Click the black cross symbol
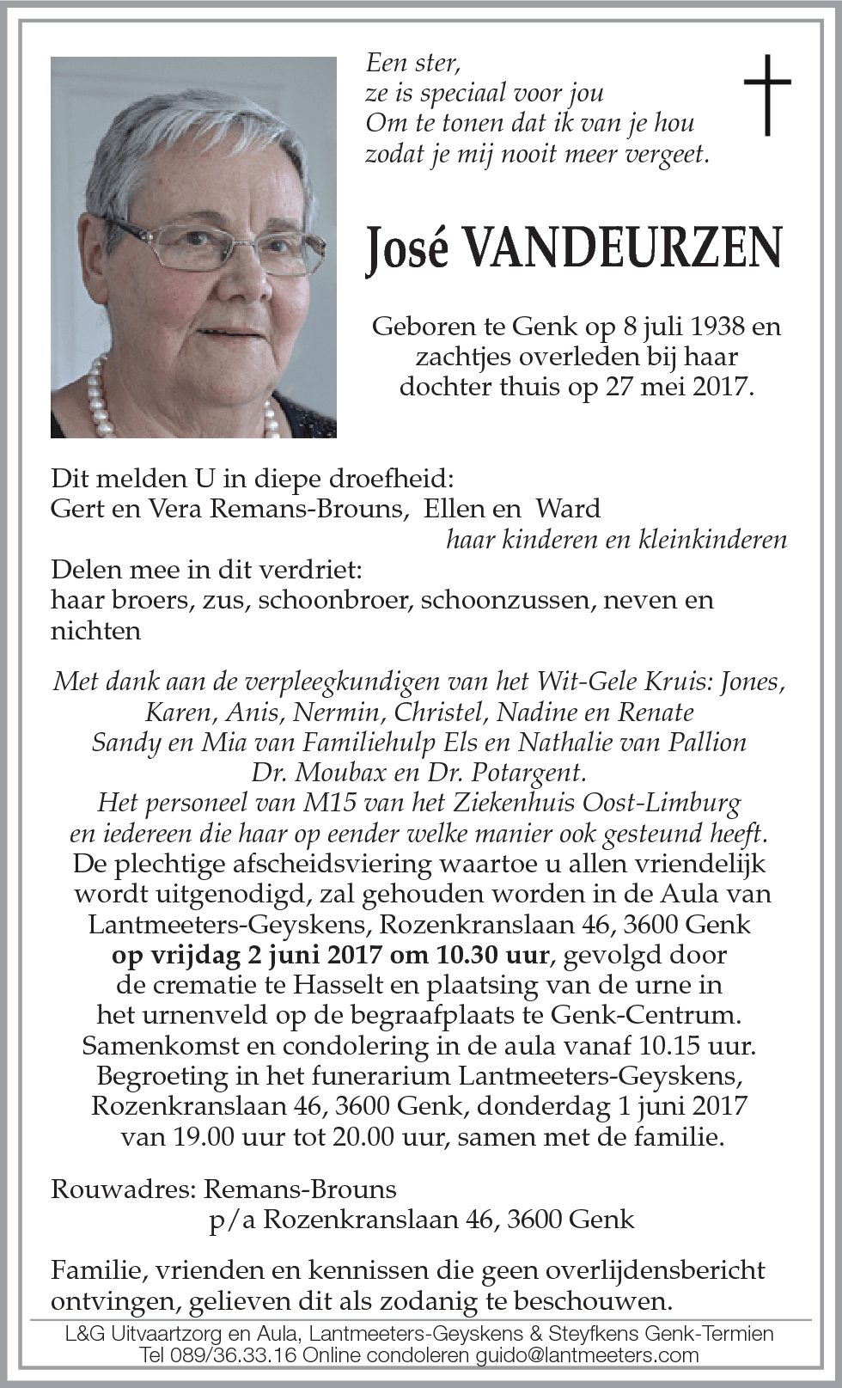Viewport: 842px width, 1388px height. coord(766,95)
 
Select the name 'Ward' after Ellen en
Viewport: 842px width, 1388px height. coord(568,508)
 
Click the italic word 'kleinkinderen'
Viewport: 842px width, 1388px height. coord(713,540)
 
